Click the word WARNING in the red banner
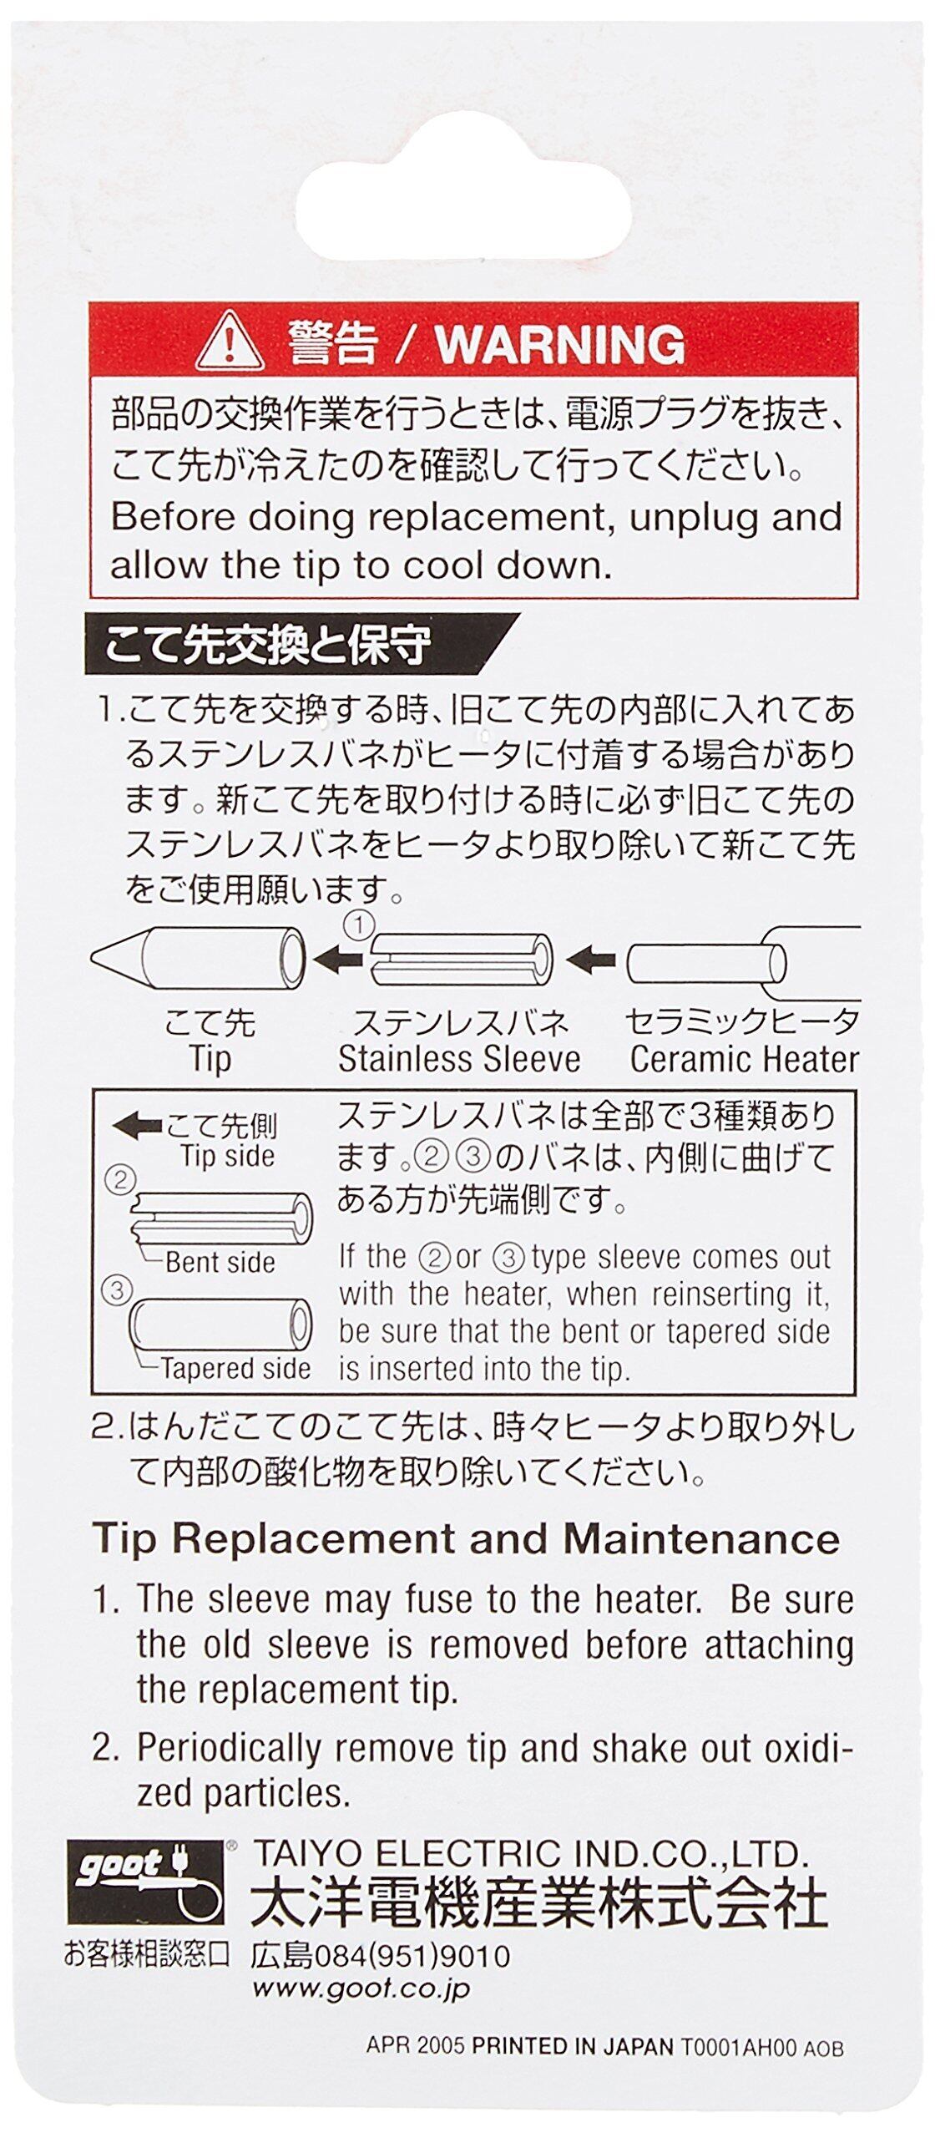560,343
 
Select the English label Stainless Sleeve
459,1060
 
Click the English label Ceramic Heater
744,1060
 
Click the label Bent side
220,1262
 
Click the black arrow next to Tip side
138,1128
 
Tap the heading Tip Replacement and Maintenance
466,1538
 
